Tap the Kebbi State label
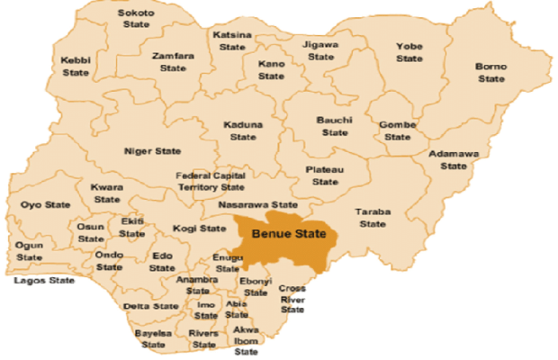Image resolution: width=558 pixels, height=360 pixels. [75, 66]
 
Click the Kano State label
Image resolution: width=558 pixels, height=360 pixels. [271, 70]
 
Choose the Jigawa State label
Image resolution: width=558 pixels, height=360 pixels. [320, 49]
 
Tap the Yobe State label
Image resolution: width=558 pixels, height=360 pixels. [409, 52]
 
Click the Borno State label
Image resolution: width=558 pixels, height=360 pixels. [491, 72]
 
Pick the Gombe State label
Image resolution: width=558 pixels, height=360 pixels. [397, 130]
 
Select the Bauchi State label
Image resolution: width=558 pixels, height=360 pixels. [334, 126]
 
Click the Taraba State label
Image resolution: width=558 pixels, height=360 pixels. [372, 218]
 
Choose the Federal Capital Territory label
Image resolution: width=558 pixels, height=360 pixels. [210, 181]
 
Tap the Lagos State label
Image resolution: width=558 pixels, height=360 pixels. [44, 280]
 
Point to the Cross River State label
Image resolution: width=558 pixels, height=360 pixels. [292, 300]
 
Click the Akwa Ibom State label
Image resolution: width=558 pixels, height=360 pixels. [247, 340]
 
